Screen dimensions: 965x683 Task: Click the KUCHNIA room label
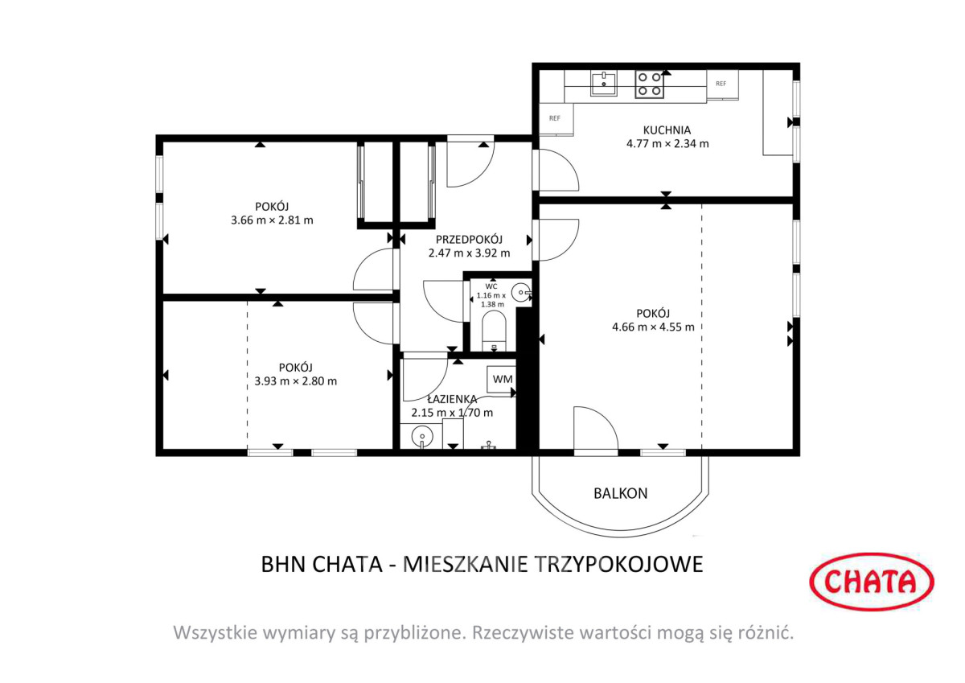[x=667, y=130]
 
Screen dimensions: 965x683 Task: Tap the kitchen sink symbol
[x=603, y=84]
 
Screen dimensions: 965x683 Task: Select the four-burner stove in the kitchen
[x=649, y=84]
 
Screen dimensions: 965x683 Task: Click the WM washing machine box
[x=502, y=379]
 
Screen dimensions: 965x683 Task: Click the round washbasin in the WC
[x=522, y=293]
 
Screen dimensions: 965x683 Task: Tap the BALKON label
[x=620, y=493]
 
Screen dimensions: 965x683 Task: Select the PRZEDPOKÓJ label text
[x=469, y=239]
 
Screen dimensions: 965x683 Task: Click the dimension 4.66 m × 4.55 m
[x=653, y=327]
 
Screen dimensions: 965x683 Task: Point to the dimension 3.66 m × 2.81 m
[x=272, y=220]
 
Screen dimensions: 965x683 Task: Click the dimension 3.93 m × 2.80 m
[x=296, y=381]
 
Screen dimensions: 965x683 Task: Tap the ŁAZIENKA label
[x=452, y=399]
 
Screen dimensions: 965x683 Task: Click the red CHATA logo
[x=872, y=582]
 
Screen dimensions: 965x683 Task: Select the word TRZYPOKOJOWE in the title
[x=619, y=564]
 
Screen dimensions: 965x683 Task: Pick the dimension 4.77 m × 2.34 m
[x=667, y=143]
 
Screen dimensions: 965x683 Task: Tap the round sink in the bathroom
[x=421, y=437]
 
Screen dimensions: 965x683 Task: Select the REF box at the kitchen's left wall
[x=556, y=119]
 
